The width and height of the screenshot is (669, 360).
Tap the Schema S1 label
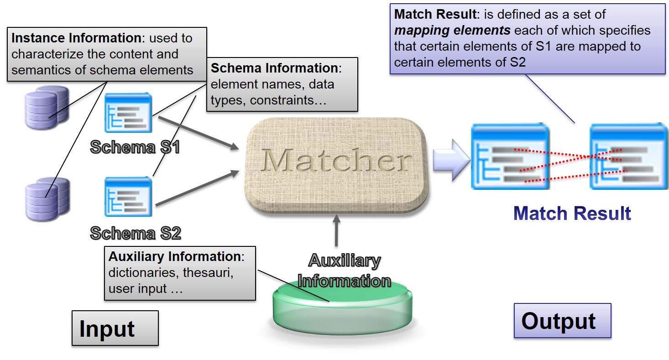(x=135, y=147)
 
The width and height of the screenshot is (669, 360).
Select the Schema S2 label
(x=136, y=233)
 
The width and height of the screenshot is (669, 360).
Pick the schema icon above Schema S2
(x=128, y=196)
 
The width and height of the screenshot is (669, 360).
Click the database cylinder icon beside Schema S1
(x=46, y=109)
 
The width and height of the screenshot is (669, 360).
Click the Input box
(x=115, y=329)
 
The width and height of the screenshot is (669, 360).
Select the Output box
(x=562, y=321)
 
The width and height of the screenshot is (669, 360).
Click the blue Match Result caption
(x=572, y=214)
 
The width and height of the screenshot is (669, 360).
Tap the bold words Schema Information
(x=274, y=68)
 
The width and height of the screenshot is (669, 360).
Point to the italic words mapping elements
(x=452, y=31)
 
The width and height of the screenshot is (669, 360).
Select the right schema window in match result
(x=628, y=156)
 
